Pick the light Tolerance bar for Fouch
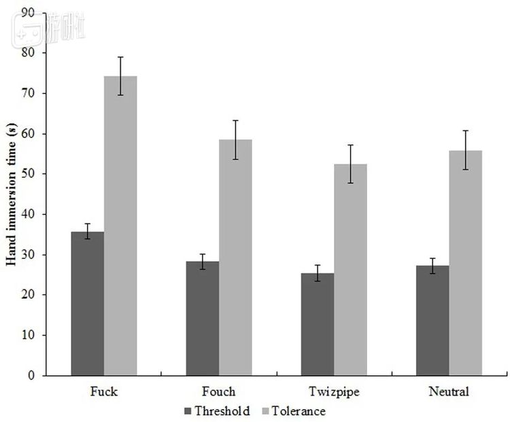[x=235, y=258]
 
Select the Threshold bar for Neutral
[x=432, y=320]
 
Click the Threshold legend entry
[x=217, y=411]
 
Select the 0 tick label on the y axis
[x=31, y=376]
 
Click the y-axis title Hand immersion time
[x=11, y=194]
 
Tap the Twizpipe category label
[x=334, y=391]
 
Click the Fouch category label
[x=219, y=391]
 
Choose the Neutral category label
[x=449, y=391]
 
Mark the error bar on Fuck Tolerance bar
[x=120, y=75]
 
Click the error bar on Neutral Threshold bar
[x=432, y=266]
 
